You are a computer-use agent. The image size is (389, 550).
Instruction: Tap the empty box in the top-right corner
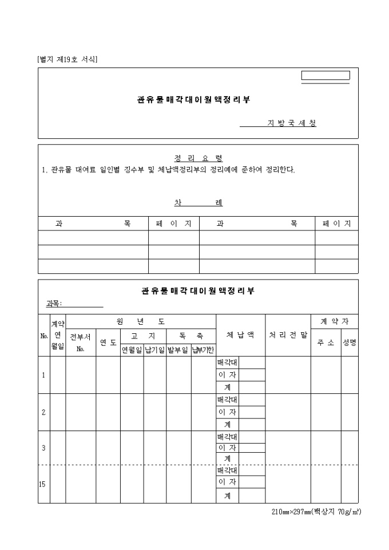(x=326, y=75)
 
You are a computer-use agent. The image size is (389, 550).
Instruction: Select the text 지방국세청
(x=292, y=123)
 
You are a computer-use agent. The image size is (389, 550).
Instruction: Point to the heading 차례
(x=198, y=203)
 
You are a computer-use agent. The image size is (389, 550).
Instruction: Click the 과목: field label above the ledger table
(x=54, y=303)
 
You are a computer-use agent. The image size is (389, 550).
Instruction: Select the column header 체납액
(x=240, y=335)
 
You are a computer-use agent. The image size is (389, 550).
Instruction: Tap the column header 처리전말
(x=288, y=335)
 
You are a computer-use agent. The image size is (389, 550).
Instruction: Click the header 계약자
(x=334, y=321)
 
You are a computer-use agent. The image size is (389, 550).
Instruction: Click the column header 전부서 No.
(x=80, y=342)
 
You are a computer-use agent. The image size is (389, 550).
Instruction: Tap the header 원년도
(x=141, y=321)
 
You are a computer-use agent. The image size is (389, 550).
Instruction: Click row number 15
(x=42, y=484)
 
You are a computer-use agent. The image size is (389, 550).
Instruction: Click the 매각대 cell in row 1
(x=227, y=362)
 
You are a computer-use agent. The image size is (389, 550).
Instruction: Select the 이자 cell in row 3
(x=227, y=448)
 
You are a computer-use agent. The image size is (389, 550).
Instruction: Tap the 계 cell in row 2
(x=227, y=424)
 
